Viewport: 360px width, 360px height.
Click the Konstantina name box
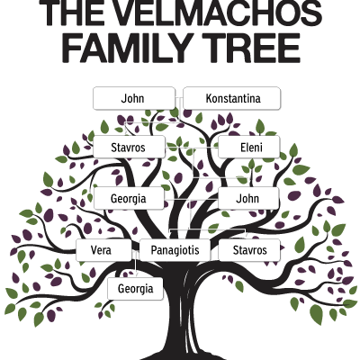[232, 98]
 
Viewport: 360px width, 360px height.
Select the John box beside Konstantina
[134, 98]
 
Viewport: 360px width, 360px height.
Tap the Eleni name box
[249, 147]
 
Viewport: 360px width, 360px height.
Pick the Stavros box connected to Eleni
[129, 147]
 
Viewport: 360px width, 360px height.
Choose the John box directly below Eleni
[248, 198]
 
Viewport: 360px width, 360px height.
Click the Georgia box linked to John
[129, 198]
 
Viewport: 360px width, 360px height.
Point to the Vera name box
[103, 250]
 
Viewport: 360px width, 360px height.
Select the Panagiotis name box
[175, 250]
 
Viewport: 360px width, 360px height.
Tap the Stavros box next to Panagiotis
[249, 250]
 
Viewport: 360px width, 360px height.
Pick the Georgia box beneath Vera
[135, 289]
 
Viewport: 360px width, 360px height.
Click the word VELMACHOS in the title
[213, 13]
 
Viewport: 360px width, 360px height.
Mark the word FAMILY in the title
[127, 48]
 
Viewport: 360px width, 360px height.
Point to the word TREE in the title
[251, 48]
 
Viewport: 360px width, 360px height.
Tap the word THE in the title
[69, 13]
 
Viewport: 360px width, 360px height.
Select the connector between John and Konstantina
[179, 98]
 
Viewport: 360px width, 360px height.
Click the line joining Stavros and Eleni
[192, 148]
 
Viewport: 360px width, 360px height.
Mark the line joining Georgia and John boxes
[191, 199]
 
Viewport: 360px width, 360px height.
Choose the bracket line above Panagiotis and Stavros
[208, 229]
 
